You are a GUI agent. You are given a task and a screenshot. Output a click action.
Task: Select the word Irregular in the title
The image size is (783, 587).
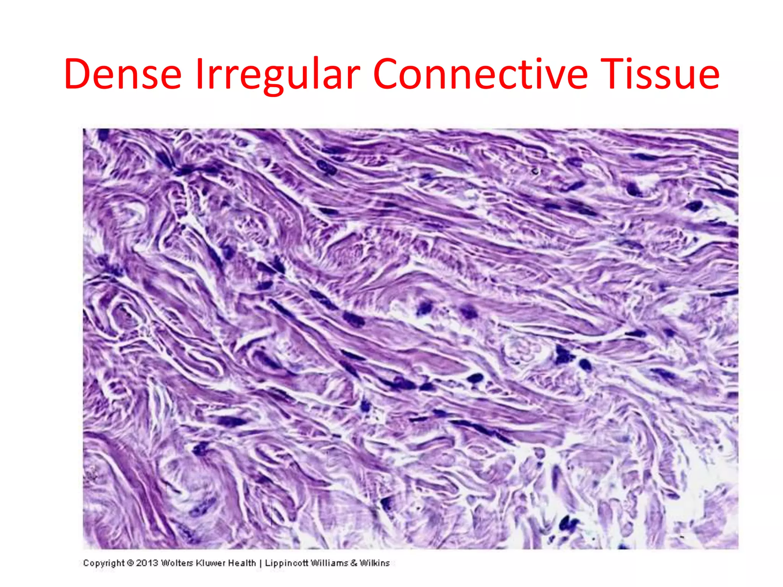278,75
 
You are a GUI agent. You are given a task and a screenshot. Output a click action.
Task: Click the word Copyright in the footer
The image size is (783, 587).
104,563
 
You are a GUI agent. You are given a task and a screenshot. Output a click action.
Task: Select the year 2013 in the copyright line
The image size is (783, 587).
147,563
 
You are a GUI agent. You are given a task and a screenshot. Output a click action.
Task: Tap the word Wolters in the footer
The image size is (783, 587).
177,563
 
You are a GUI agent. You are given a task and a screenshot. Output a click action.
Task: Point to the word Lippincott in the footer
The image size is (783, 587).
286,563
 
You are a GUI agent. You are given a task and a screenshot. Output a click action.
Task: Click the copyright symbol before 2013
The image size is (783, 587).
130,563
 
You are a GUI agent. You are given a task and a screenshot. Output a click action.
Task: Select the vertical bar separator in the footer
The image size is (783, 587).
260,563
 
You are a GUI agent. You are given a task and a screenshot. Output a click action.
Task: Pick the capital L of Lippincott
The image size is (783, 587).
267,563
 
